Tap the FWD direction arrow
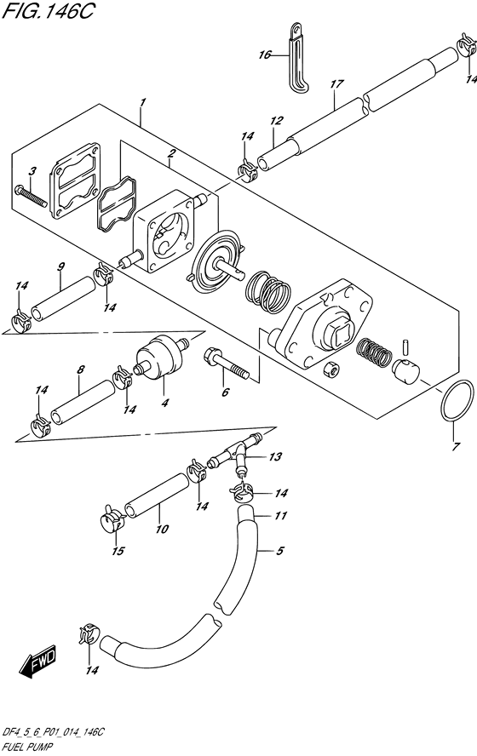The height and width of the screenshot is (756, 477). point(38,660)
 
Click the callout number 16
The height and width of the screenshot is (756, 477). point(265,54)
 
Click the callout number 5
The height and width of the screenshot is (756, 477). point(278,551)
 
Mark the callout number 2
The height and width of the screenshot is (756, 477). point(171,154)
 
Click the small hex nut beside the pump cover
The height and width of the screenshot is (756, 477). point(333,369)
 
